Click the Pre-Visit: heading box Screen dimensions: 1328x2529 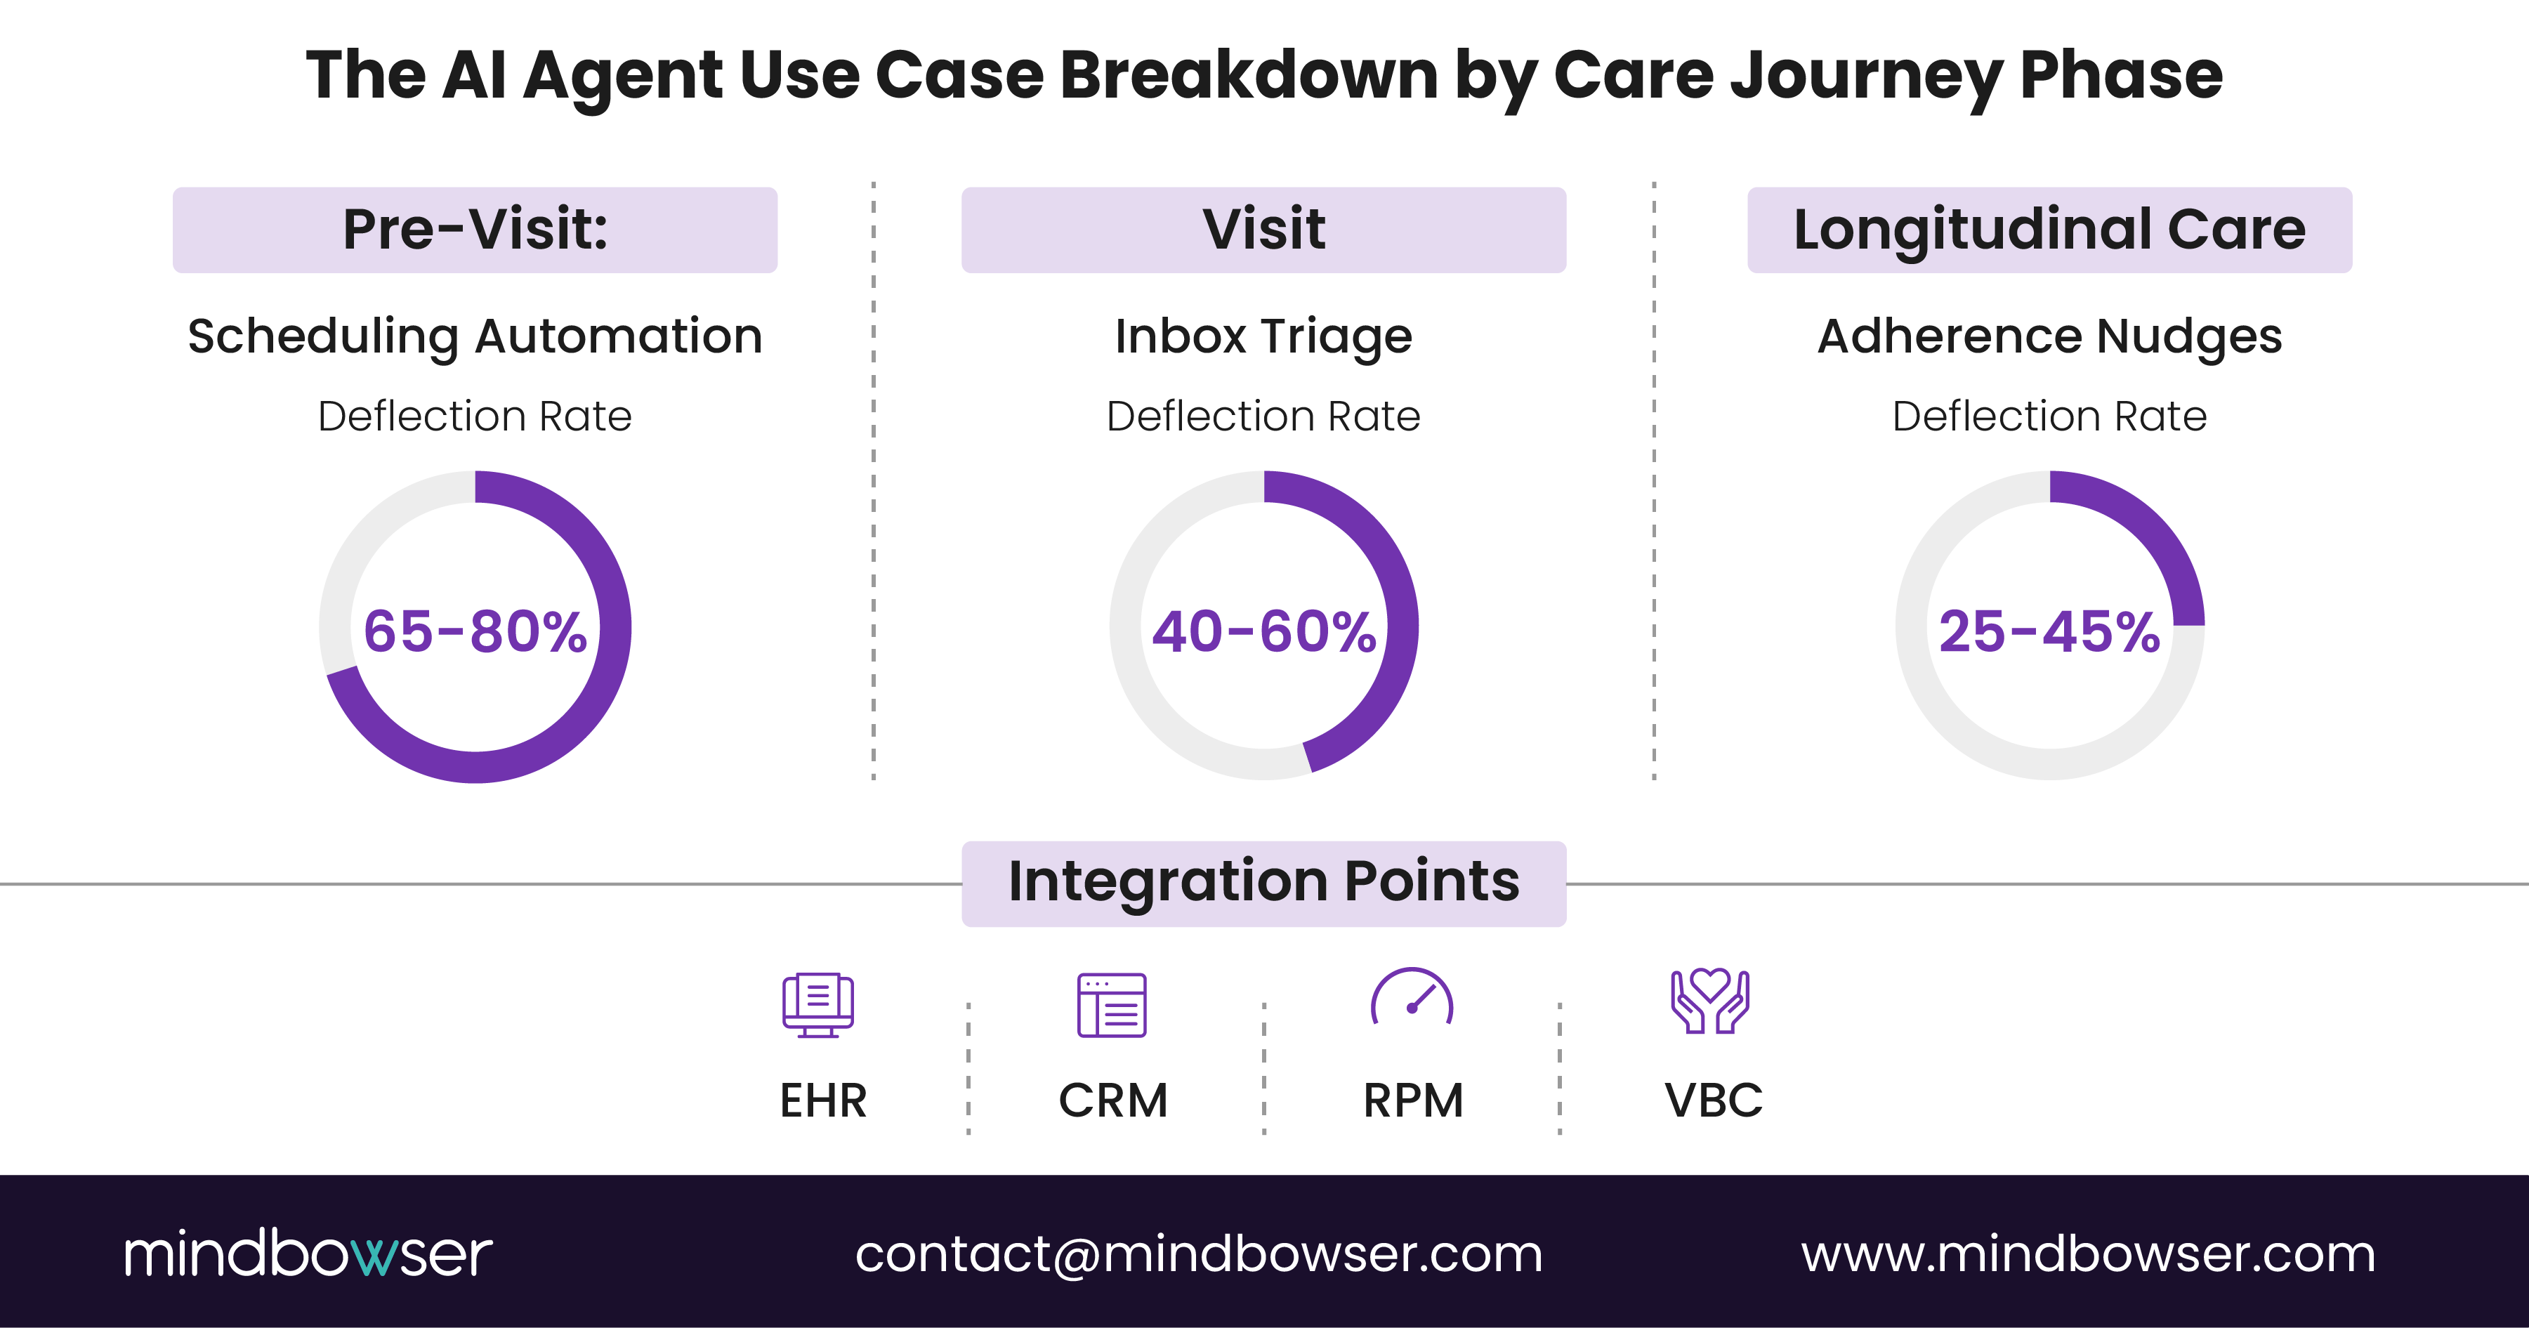(x=475, y=230)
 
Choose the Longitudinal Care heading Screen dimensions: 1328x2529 (x=2049, y=230)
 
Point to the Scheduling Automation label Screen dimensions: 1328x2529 (x=475, y=336)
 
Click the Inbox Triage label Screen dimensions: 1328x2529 (x=1263, y=336)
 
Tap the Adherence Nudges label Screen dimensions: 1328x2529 (x=2049, y=336)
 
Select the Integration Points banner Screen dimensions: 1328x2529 (x=1263, y=882)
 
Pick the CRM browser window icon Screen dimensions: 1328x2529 (x=1111, y=1004)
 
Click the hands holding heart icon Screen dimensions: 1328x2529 (x=1710, y=1001)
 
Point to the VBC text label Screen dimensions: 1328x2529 (x=1713, y=1100)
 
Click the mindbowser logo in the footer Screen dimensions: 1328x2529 (x=308, y=1254)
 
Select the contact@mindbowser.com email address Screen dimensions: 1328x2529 (x=1199, y=1254)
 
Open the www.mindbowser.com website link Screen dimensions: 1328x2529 (x=2088, y=1254)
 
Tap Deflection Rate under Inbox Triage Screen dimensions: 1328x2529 (x=1263, y=416)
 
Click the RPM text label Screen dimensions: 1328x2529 (x=1413, y=1100)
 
